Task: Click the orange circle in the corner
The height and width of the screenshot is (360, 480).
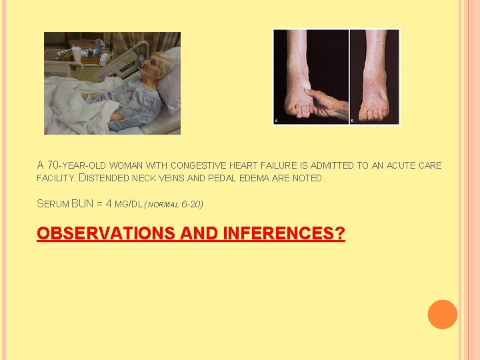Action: [443, 315]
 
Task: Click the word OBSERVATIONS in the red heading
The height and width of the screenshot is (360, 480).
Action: [96, 233]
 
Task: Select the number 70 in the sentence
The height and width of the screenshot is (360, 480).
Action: [53, 165]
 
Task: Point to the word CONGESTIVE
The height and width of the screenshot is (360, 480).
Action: [200, 165]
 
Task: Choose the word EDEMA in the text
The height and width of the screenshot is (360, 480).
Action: [267, 179]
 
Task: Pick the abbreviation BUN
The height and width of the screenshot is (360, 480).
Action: [83, 203]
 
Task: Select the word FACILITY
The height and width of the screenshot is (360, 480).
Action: [57, 179]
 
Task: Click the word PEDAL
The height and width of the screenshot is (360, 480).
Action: [233, 179]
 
